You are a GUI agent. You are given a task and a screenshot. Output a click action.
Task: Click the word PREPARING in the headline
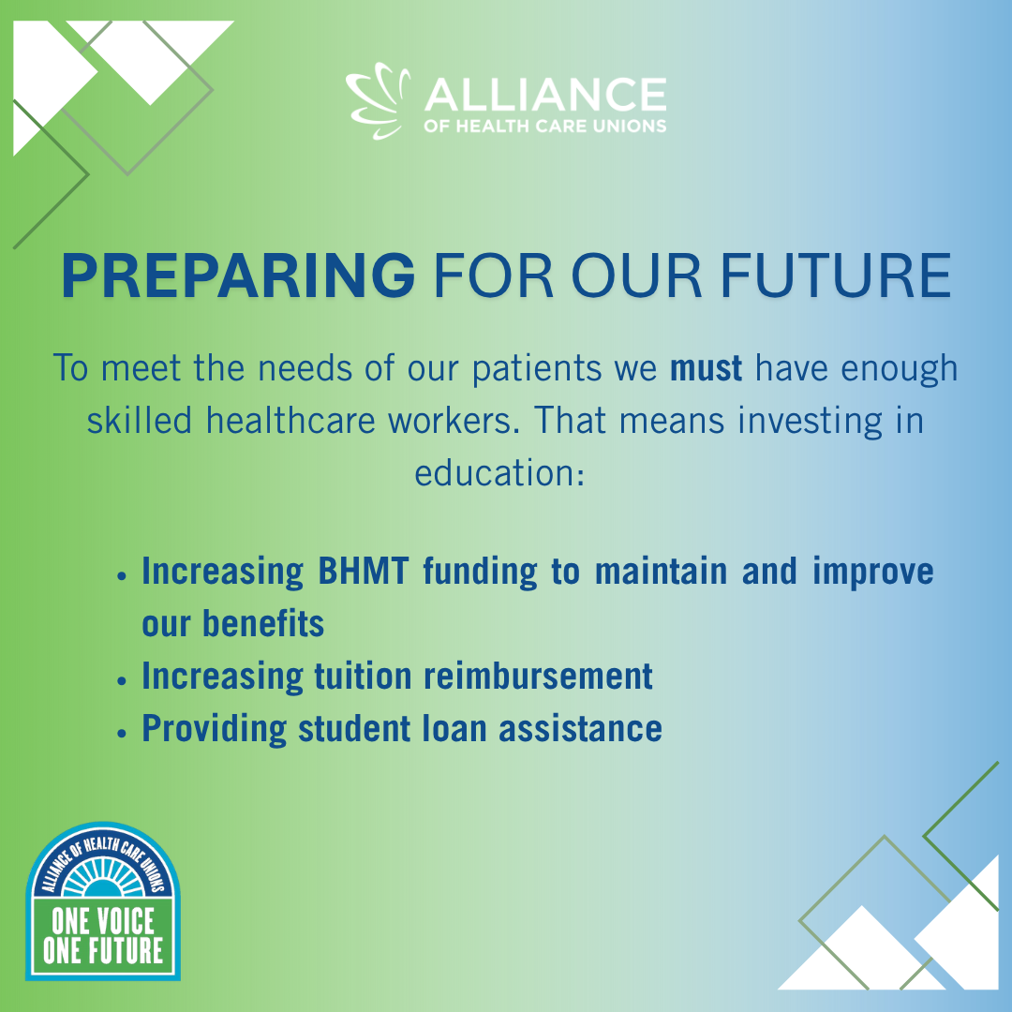238,275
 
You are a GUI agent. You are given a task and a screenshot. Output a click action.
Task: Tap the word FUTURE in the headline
835,275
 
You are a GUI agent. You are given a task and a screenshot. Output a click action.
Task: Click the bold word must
706,368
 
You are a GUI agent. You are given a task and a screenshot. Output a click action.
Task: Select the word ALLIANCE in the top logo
545,95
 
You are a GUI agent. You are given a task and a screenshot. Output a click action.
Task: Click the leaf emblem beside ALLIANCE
379,100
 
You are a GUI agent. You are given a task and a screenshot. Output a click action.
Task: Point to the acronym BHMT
364,572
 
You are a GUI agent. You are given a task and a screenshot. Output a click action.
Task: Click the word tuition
363,677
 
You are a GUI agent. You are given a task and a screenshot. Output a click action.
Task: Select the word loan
454,729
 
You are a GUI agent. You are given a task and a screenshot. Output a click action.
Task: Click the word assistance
580,729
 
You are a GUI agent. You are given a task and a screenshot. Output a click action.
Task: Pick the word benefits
263,623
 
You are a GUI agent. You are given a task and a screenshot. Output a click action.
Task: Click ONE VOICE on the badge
103,921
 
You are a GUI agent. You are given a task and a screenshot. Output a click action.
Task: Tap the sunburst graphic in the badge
103,879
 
